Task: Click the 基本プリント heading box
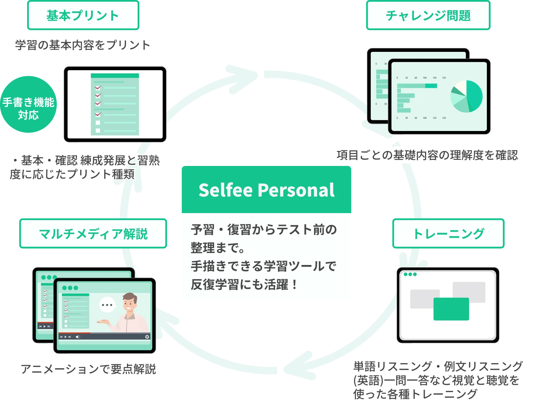pyautogui.click(x=83, y=16)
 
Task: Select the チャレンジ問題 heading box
pyautogui.click(x=428, y=16)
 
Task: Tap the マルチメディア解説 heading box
pyautogui.click(x=93, y=234)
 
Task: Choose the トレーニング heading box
pyautogui.click(x=448, y=234)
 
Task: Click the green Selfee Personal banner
pyautogui.click(x=266, y=190)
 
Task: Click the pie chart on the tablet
pyautogui.click(x=466, y=96)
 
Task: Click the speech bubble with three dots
pyautogui.click(x=107, y=305)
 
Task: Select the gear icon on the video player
pyautogui.click(x=147, y=337)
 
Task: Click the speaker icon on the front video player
pyautogui.click(x=78, y=337)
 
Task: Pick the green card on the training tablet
pyautogui.click(x=451, y=309)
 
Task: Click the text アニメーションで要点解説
pyautogui.click(x=89, y=369)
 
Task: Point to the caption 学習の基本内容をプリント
pyautogui.click(x=82, y=45)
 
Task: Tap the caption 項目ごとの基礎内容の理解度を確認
pyautogui.click(x=427, y=155)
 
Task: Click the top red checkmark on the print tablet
pyautogui.click(x=98, y=88)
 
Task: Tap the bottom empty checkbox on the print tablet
pyautogui.click(x=98, y=130)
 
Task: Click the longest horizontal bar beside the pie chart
pyautogui.click(x=417, y=86)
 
